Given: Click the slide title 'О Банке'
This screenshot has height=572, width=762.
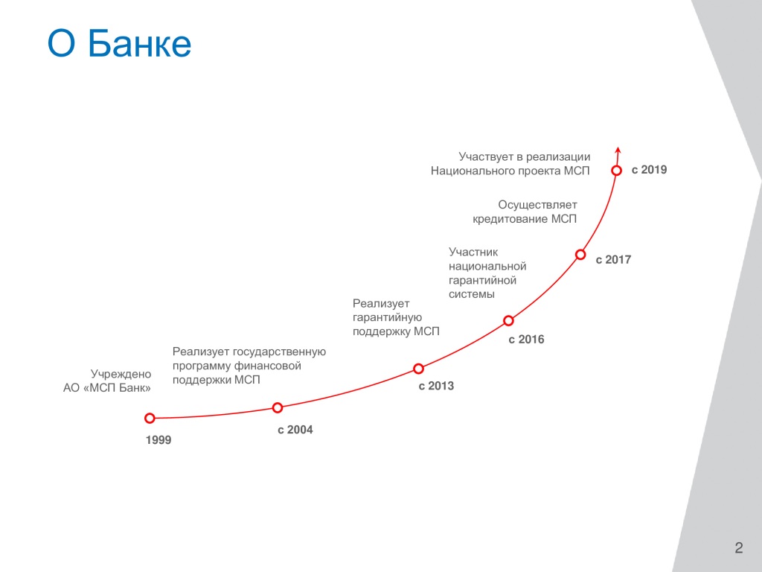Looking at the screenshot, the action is tap(119, 43).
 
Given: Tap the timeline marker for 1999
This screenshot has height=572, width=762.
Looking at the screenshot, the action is tap(150, 418).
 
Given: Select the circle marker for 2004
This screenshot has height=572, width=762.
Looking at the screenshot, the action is tap(278, 407).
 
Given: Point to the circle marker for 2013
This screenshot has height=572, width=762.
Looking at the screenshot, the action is tap(418, 369).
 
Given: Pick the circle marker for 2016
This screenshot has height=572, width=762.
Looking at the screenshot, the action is tap(508, 320).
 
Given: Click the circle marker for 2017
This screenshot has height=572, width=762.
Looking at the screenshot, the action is tap(580, 255).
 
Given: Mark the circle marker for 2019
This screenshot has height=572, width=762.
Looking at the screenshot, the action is tap(616, 171).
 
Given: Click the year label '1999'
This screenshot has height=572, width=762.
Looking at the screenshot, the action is tap(159, 440).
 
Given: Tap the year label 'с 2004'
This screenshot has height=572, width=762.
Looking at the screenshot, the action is tap(295, 430).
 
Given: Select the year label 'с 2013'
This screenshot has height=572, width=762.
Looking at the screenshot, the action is tap(436, 387).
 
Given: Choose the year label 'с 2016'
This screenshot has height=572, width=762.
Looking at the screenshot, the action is tap(526, 340).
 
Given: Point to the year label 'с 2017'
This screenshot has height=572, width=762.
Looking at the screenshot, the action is tap(613, 260).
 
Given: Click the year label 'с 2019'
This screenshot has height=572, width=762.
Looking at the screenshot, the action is tap(649, 170).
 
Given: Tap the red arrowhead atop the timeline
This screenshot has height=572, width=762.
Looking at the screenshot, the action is tap(618, 149).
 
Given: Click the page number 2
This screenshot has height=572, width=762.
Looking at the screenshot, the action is tap(739, 547).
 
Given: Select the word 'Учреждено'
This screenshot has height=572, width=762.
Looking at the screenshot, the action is tap(121, 375).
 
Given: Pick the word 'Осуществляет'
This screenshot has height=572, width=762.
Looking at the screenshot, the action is tap(537, 206).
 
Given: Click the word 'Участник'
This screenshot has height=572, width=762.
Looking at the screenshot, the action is tap(473, 252).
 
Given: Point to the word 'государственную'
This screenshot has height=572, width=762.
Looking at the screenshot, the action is tap(280, 352).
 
